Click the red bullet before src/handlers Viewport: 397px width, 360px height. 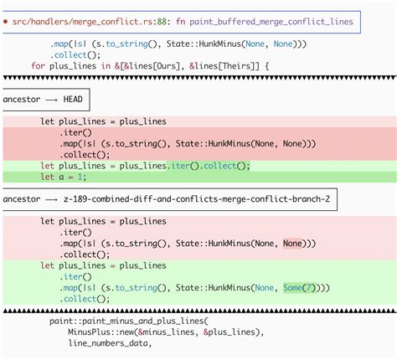point(6,22)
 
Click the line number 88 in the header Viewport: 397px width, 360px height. point(162,22)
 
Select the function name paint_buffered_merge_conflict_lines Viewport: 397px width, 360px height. point(271,22)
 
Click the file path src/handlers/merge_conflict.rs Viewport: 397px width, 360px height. point(82,22)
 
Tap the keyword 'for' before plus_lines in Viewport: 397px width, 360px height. point(38,66)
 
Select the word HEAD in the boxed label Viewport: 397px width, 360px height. point(73,100)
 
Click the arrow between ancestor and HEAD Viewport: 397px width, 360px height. point(52,100)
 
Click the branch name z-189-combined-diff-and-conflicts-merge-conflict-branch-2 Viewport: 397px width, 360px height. point(197,199)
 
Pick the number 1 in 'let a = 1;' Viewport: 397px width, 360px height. point(80,177)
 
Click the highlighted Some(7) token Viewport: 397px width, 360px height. point(299,287)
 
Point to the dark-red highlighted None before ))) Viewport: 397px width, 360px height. point(292,244)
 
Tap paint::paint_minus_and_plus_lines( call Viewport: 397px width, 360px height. point(129,321)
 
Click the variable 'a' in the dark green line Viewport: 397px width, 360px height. point(61,177)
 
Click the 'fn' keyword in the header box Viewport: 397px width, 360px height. point(180,22)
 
